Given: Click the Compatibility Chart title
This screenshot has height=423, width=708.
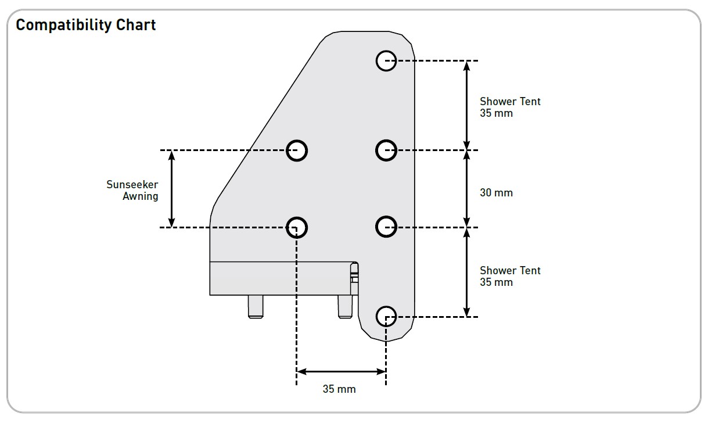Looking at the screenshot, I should click(86, 26).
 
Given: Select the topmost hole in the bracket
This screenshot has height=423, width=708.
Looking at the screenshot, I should click(386, 60).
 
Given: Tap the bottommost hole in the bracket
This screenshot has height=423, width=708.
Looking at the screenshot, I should click(386, 317).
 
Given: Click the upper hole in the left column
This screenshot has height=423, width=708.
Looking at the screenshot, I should click(297, 150).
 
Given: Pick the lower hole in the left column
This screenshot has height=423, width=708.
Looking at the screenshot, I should click(297, 227).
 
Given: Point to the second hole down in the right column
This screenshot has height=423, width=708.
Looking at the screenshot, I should click(386, 150).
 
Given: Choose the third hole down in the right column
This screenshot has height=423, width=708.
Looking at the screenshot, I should click(386, 227).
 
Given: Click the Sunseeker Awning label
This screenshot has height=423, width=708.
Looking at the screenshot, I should click(132, 190).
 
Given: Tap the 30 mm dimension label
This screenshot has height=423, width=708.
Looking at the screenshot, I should click(496, 192).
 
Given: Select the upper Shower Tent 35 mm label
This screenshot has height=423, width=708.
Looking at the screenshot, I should click(510, 107).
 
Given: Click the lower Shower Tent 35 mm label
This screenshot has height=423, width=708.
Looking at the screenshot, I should click(510, 276).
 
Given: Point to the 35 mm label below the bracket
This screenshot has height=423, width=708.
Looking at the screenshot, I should click(339, 389).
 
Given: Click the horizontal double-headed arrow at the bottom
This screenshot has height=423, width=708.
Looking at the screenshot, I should click(341, 371).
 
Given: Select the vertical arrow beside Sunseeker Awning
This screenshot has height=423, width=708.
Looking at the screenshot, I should click(171, 189).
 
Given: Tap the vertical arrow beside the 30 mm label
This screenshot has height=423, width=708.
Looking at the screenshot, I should click(466, 189).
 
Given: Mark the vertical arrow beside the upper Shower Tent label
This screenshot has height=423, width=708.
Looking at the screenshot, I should click(466, 105).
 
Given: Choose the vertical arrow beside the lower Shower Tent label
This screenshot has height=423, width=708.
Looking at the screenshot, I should click(466, 272).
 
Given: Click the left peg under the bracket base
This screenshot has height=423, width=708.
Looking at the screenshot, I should click(256, 306).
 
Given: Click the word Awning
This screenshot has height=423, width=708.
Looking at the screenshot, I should click(141, 196).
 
